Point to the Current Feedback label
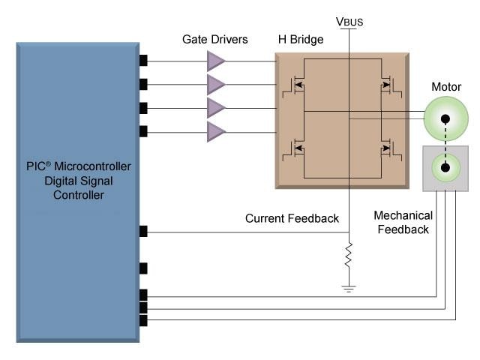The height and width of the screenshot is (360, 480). point(292,219)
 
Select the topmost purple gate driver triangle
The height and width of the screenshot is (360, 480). point(216,60)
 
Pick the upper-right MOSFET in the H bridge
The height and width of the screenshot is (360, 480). point(388,85)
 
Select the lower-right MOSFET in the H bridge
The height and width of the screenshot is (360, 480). point(388,149)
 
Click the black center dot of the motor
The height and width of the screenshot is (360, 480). point(445,118)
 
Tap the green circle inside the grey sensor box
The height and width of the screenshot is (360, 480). point(445,167)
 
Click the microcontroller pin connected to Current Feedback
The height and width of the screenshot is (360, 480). point(143,232)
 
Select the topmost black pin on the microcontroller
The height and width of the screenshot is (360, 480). point(143,60)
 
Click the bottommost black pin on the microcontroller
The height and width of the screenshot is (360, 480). point(143,321)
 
